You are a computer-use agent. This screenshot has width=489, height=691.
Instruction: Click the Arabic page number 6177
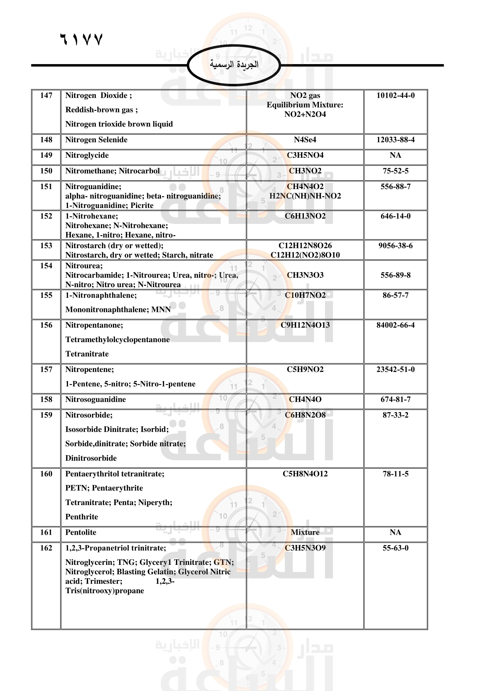(x=82, y=39)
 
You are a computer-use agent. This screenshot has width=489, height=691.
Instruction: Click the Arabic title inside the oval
(x=234, y=64)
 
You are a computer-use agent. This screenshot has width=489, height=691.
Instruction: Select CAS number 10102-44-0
(x=395, y=95)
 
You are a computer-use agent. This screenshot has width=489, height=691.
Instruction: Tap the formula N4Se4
(x=305, y=140)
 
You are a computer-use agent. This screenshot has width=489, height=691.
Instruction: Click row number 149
(x=46, y=155)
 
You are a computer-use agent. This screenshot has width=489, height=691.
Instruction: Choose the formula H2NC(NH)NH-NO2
(x=305, y=196)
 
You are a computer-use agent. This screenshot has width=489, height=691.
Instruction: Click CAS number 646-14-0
(x=395, y=216)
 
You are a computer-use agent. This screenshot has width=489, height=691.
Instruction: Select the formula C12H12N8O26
(x=305, y=245)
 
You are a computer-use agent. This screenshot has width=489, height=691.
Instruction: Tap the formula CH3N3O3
(x=305, y=275)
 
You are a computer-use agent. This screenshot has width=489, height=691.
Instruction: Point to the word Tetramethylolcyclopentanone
(x=117, y=339)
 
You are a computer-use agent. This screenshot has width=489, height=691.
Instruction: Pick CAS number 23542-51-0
(x=395, y=369)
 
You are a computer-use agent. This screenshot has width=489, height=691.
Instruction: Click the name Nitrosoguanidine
(x=95, y=399)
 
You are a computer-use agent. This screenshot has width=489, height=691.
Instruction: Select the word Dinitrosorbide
(x=91, y=458)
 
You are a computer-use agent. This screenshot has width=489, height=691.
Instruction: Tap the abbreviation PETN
(x=77, y=488)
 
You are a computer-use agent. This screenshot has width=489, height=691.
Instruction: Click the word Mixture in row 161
(x=305, y=532)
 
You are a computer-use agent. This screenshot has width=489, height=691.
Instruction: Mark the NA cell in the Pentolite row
(x=395, y=532)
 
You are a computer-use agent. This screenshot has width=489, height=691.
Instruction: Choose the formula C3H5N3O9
(x=305, y=548)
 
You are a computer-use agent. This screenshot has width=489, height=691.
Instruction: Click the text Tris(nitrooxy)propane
(x=104, y=591)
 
